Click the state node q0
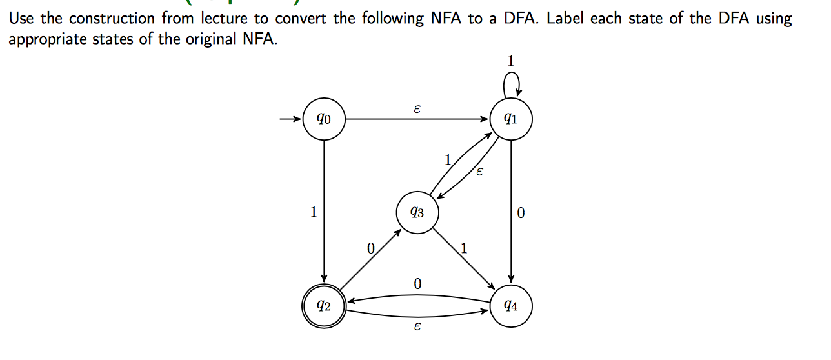pos(323,119)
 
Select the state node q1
pos(510,119)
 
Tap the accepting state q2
pos(323,306)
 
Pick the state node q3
pos(417,212)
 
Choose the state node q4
pos(510,306)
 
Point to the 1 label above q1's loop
pos(510,61)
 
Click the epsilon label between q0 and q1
pos(417,110)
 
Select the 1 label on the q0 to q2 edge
pos(314,212)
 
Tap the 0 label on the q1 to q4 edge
pos(521,212)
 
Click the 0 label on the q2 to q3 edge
pos(370,248)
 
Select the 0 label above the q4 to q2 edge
pos(417,284)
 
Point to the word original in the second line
pos(214,39)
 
